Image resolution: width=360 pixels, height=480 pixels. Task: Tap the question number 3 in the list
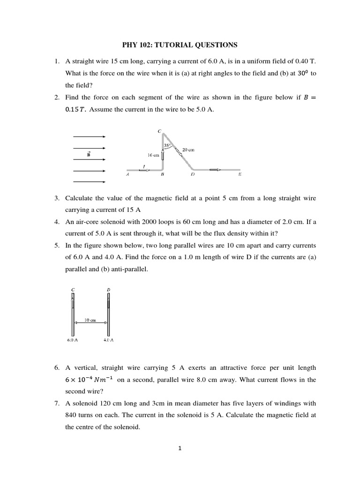click(56, 198)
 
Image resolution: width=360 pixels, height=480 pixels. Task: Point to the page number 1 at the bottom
click(180, 448)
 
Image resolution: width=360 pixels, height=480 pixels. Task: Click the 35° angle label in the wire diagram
click(167, 146)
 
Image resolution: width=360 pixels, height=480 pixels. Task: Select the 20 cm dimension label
click(188, 150)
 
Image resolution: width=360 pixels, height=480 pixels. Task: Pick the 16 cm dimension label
click(153, 155)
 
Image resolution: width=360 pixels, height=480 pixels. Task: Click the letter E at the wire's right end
click(240, 174)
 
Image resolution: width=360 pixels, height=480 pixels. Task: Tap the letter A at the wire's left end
click(127, 174)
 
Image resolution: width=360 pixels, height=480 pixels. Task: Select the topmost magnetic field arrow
click(89, 136)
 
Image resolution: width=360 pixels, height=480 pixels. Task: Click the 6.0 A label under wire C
click(72, 339)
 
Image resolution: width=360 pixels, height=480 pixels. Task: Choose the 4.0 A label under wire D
click(109, 339)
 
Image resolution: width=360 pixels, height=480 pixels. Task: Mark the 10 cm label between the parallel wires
click(90, 320)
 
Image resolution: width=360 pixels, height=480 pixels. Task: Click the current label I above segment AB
click(144, 165)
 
